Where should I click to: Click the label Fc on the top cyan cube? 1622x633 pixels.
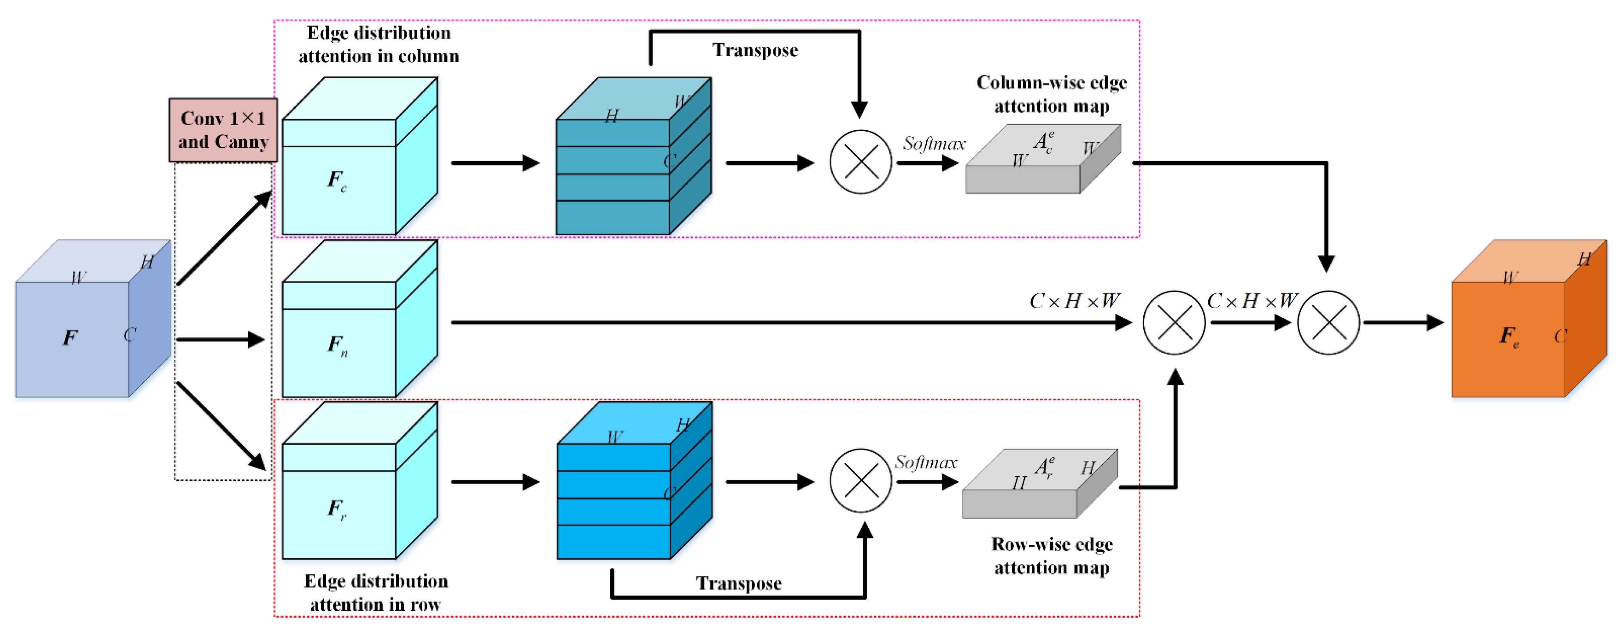(337, 180)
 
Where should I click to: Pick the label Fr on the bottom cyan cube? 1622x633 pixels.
(337, 508)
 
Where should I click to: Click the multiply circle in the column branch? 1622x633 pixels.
(860, 162)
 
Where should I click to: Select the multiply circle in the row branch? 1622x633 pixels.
(860, 481)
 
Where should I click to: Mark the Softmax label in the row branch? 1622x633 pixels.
(926, 462)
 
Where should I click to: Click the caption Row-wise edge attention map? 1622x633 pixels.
(1052, 555)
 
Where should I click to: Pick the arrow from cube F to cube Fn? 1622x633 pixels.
(220, 339)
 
